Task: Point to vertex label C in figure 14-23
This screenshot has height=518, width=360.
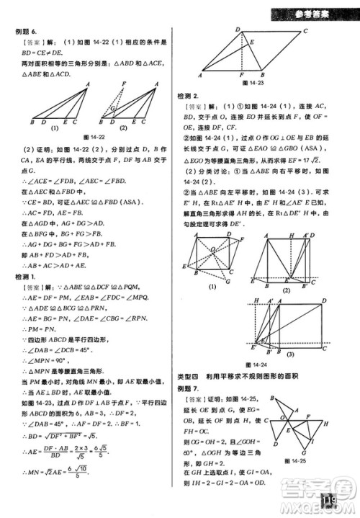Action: [x=305, y=30]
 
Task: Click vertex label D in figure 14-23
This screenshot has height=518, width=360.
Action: [x=238, y=29]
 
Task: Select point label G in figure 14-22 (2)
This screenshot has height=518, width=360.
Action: [x=109, y=110]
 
